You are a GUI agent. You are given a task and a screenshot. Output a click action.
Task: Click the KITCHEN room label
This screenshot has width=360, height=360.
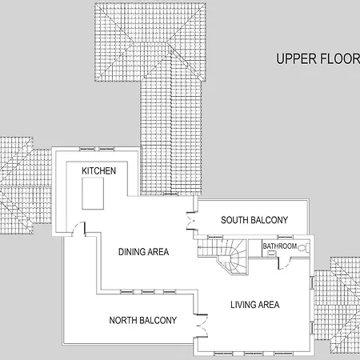[x=98, y=171]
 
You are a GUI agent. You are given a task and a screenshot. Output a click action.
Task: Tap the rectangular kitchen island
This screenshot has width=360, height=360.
[x=93, y=194]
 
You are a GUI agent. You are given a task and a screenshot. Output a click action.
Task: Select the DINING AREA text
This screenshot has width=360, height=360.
[x=143, y=252]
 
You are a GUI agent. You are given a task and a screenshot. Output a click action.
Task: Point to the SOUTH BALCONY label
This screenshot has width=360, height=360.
[x=254, y=220]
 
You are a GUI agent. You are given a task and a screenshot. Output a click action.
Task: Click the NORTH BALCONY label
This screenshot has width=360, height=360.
[x=143, y=320]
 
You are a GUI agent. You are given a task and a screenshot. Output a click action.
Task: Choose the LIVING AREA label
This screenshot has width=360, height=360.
[x=255, y=305]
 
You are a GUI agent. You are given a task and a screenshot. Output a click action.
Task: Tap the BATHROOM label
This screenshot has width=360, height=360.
[x=280, y=246]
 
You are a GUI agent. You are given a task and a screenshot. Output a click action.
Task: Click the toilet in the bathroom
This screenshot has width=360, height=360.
[x=304, y=248]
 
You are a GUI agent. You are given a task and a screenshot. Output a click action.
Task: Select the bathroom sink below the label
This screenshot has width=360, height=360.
[x=271, y=254]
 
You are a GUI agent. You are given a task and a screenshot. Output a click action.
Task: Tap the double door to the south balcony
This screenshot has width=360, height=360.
[x=191, y=221]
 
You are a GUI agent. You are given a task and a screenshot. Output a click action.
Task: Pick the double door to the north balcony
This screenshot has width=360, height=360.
[x=202, y=326]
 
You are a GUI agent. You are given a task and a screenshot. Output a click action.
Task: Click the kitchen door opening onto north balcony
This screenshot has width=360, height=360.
[x=78, y=229]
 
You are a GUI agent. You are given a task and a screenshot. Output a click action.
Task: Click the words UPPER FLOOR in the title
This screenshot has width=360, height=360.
[x=318, y=59]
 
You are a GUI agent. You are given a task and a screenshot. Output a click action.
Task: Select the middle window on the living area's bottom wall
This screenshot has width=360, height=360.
[x=253, y=354]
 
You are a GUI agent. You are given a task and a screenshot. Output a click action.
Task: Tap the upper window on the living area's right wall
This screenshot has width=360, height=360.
[x=311, y=282]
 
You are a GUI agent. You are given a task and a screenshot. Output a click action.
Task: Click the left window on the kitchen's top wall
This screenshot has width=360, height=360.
[x=87, y=149]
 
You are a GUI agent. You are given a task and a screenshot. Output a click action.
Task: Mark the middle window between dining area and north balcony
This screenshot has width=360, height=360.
[x=148, y=292]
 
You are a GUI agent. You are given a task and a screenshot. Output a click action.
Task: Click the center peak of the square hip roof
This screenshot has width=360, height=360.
[x=150, y=42]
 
